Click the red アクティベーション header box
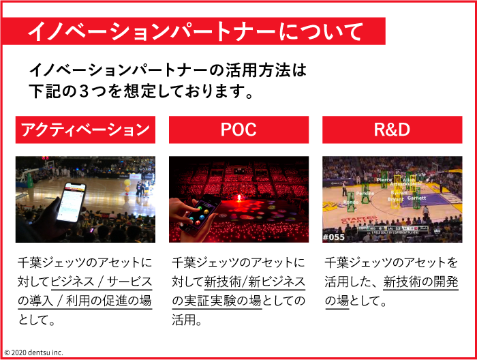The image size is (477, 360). point(85,130)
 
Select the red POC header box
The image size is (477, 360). point(238,130)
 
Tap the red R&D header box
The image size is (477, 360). point(392,130)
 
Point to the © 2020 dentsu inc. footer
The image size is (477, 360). point(33,352)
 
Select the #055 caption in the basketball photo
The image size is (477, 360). point(333,237)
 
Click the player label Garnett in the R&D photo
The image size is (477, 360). point(416,198)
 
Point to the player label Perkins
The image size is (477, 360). point(365,193)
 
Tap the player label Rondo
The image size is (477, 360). point(351,202)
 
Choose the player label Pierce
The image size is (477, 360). point(384,180)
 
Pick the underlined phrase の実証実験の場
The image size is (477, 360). point(217,300)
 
